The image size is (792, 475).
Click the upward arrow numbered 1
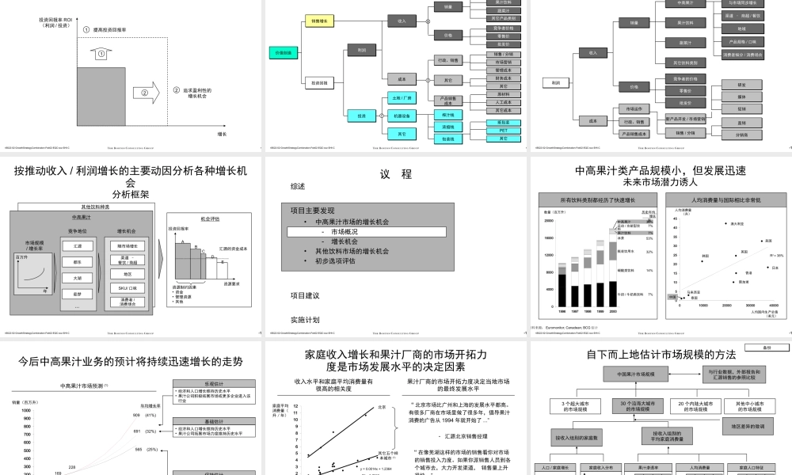pos(100,54)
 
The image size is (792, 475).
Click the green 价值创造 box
pos(283,52)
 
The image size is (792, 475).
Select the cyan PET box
pos(504,131)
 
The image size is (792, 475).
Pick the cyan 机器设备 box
pos(402,116)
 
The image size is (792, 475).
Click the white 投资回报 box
pos(320,82)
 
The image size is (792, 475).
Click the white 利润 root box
pos(556,82)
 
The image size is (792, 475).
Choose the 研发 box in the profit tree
pos(741,85)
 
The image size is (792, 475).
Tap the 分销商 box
pos(741,135)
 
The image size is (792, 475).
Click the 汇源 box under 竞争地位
pos(77,247)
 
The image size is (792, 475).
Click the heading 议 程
pos(396,174)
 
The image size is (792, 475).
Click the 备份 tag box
pos(767,347)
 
